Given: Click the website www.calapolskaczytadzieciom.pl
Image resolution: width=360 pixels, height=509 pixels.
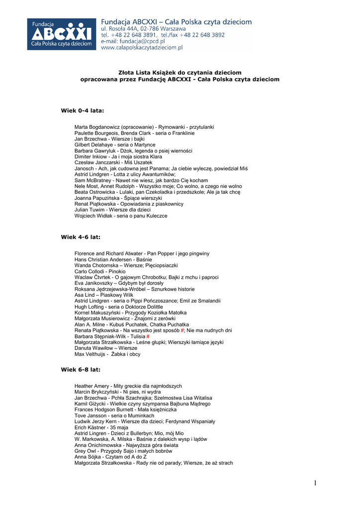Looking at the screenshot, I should (142, 48).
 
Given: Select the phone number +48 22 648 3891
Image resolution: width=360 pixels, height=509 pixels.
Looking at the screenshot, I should (133, 35).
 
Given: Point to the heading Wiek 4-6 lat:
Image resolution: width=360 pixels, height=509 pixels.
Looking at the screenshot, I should (81, 238).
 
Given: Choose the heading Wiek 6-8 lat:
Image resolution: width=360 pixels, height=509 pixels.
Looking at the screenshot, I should (81, 370).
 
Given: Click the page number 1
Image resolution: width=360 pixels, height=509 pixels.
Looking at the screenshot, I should (315, 484).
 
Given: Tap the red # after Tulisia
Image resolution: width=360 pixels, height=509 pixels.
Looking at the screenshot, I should (148, 337).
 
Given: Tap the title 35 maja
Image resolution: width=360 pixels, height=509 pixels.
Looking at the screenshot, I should (120, 427).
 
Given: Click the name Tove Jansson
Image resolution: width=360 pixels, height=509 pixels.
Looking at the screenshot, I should (90, 416).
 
